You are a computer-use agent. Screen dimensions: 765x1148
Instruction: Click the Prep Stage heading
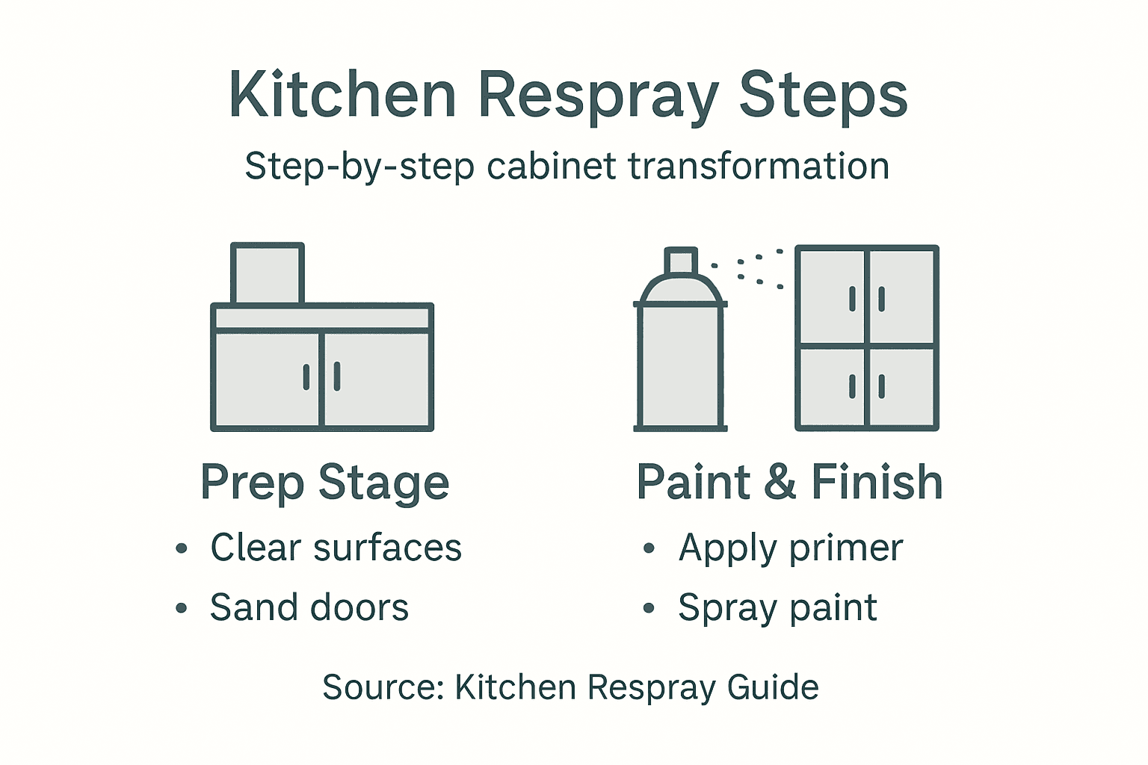coord(324,483)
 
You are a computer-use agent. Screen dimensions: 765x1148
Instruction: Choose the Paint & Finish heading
coord(789,483)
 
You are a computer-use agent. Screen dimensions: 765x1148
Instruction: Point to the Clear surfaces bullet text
coord(336,548)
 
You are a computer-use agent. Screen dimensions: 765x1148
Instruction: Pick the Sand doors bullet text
coord(309,607)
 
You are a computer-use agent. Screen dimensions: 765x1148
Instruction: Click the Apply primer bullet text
coord(791,548)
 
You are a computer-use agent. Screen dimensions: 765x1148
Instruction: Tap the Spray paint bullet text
coord(777,608)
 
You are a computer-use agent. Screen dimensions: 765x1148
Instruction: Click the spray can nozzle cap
coord(681,261)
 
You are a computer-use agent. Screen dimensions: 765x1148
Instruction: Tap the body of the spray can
coord(680,366)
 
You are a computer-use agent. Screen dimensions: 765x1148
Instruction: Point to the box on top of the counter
coord(267,273)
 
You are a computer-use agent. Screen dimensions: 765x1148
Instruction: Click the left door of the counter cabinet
coord(268,379)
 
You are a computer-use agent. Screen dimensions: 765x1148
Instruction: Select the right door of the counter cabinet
coord(377,379)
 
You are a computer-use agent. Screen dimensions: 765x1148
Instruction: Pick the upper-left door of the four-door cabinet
coord(831,297)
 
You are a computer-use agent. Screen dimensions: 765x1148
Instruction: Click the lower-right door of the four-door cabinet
coord(901,386)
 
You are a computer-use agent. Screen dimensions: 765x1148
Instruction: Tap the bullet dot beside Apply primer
coord(648,549)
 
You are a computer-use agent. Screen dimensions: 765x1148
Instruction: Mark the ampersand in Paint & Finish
coord(780,483)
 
